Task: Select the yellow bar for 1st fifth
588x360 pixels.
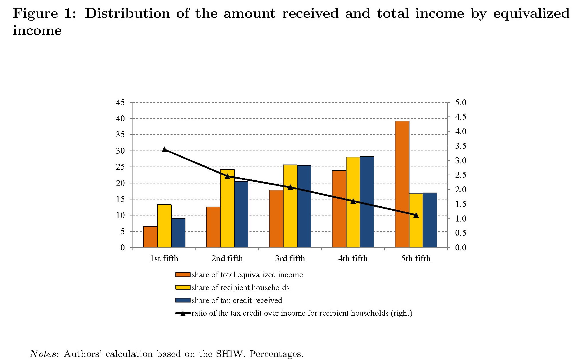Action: [x=164, y=226]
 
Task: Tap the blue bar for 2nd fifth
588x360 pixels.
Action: [x=241, y=214]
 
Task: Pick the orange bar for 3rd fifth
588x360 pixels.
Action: [x=276, y=219]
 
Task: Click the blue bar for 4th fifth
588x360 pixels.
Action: [x=367, y=202]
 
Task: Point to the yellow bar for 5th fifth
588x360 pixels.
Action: [x=416, y=220]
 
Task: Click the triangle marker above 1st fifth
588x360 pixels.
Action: [x=164, y=149]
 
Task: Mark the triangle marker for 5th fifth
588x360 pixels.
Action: [x=416, y=215]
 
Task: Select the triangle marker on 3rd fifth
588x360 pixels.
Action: [x=290, y=187]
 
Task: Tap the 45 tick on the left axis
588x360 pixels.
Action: [x=120, y=102]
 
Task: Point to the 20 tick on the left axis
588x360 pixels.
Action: [x=120, y=183]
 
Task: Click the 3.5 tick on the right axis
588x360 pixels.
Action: [x=461, y=146]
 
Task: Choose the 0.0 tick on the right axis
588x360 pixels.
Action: [x=461, y=248]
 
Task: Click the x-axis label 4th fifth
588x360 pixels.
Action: [x=353, y=258]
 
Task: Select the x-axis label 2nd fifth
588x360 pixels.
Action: [x=227, y=258]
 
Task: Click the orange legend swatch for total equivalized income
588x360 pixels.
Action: [x=183, y=275]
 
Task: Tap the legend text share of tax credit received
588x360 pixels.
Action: [x=237, y=300]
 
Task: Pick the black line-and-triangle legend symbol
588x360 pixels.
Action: [x=183, y=313]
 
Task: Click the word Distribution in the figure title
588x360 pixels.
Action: [x=127, y=13]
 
